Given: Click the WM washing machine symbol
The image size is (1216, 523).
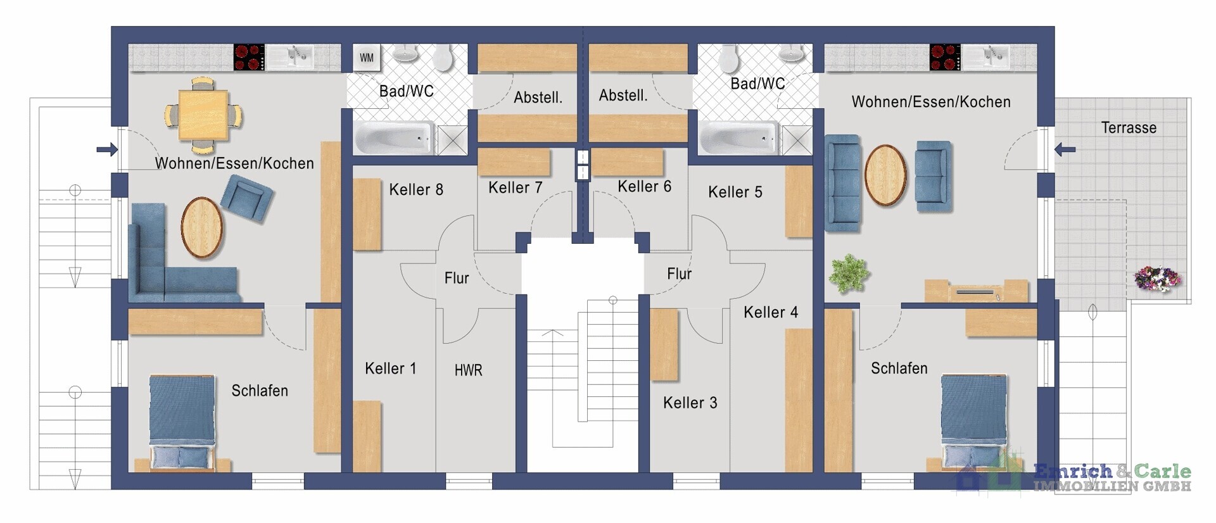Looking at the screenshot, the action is coord(367,58).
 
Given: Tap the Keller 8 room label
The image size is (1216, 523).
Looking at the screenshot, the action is coord(416,189).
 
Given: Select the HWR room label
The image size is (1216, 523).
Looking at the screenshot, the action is coord(468,370).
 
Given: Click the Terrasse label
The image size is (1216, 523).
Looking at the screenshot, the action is coord(1129,128).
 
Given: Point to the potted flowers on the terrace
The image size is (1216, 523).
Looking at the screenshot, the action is coord(1157,278).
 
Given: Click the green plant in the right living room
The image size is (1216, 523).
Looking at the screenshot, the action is coord(849,274).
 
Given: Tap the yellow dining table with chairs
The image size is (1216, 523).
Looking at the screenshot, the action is coord(203,115).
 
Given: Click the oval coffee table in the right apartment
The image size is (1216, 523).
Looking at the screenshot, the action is coord(885,175).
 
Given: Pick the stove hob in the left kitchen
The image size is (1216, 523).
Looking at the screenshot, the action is coord(249,57).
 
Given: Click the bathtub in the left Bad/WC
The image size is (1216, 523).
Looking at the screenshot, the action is coord(395,138).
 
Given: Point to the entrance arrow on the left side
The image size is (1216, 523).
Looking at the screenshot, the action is coord(107,149).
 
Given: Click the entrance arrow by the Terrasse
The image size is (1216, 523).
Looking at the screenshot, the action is coord(1065,150).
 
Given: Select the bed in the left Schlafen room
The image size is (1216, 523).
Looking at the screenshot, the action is coord(182,422).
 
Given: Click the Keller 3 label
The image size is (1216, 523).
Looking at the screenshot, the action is coord(690,403).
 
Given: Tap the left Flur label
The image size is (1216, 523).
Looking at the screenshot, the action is coord(457,278).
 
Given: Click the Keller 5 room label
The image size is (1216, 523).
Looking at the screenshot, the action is coord(735,192).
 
